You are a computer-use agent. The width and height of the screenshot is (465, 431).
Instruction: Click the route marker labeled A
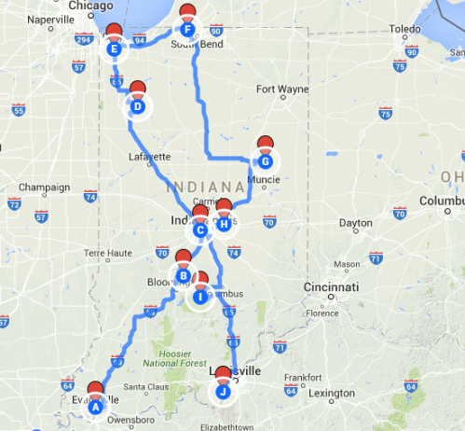click(95, 406)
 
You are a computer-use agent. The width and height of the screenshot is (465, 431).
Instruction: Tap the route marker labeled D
click(137, 105)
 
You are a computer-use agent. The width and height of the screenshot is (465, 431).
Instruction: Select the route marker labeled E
click(114, 49)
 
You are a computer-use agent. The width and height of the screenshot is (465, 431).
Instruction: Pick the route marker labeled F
click(187, 29)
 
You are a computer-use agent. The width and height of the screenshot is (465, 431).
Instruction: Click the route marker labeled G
click(265, 160)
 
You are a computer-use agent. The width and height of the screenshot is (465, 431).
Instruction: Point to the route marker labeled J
click(223, 391)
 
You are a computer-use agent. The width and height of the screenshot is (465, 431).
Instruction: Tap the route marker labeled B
click(184, 275)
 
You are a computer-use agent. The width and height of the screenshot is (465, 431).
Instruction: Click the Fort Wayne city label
click(280, 90)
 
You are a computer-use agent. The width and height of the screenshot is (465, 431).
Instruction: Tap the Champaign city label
click(44, 188)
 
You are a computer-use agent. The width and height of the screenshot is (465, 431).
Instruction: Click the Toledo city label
click(404, 29)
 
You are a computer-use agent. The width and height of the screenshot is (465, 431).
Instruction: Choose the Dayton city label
click(355, 223)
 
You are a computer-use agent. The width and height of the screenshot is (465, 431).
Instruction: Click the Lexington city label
click(333, 393)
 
